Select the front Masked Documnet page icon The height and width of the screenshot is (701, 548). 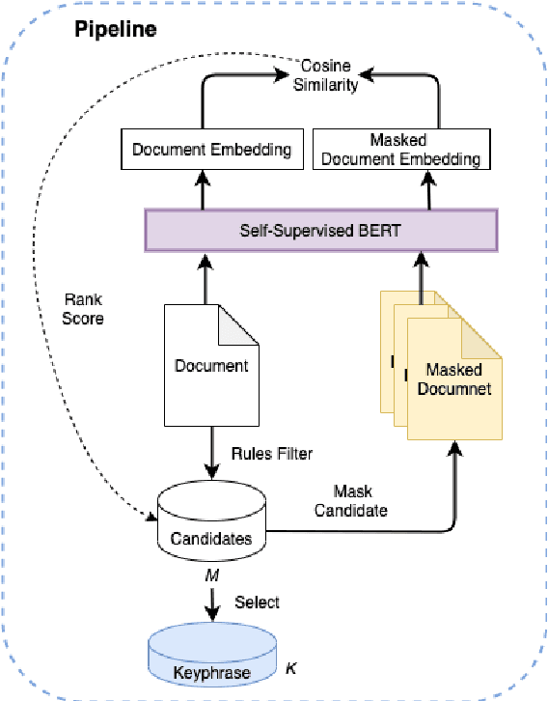point(453,381)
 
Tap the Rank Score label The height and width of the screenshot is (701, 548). point(83,308)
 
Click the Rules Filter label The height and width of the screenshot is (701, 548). point(271,451)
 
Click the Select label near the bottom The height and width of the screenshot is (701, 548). point(257,603)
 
